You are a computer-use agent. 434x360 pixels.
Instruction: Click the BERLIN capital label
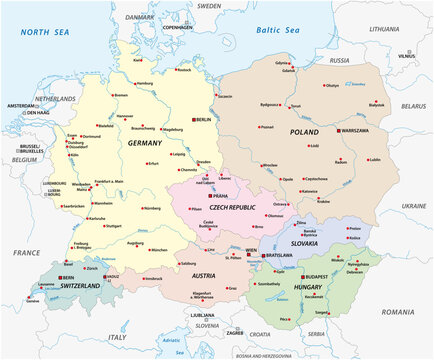click(205, 119)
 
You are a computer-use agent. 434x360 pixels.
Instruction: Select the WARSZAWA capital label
click(356, 131)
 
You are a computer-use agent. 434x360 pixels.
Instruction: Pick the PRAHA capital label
click(222, 196)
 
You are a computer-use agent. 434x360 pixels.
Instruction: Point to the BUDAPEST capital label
click(318, 275)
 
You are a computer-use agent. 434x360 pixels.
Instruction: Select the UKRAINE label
click(413, 205)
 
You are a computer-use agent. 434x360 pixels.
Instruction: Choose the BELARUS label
click(412, 104)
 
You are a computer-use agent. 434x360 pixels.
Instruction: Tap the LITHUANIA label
click(383, 29)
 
